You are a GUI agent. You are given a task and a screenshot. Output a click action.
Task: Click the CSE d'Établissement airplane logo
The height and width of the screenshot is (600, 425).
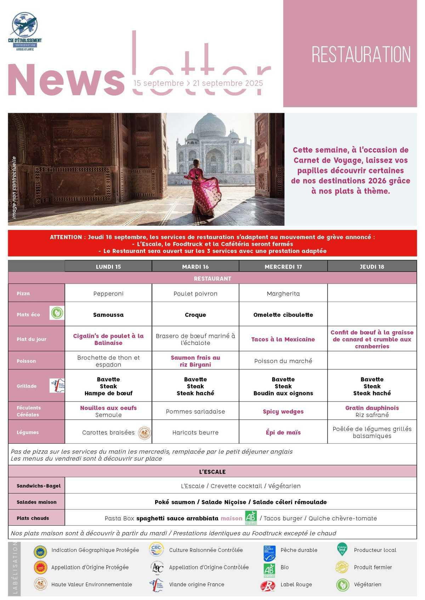pos(24,25)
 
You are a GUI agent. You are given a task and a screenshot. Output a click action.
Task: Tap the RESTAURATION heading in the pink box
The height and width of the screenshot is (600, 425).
pos(361,55)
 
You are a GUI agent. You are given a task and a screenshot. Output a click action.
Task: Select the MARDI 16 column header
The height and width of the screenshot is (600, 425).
pos(195,266)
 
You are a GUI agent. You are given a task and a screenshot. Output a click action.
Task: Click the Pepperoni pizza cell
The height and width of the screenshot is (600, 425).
pos(108,294)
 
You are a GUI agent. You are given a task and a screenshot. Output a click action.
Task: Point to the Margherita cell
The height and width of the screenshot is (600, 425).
pos(283,294)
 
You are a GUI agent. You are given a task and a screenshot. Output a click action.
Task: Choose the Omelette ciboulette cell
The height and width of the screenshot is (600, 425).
pos(283,315)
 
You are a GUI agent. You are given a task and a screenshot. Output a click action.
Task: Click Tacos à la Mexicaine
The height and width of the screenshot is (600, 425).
pos(283,339)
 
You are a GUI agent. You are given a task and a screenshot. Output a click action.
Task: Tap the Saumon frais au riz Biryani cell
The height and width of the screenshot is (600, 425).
pos(195,361)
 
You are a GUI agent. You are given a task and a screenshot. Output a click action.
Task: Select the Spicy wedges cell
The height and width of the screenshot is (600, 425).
pos(283,411)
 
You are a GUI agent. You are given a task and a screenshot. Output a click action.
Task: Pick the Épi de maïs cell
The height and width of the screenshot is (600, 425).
pos(283,432)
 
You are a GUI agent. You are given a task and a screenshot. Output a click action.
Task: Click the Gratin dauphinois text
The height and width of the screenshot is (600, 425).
pos(372,408)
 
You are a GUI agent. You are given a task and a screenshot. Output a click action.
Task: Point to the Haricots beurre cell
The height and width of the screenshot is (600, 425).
pos(195,432)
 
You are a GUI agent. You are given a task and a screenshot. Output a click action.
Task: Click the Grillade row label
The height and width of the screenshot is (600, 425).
pos(27,386)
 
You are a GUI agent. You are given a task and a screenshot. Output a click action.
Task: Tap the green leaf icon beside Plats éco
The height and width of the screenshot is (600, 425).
pos(57,313)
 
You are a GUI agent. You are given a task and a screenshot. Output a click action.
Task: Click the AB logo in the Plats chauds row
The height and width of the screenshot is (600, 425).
pos(251,517)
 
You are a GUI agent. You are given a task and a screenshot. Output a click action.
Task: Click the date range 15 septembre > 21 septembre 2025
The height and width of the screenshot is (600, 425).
pos(198,83)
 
